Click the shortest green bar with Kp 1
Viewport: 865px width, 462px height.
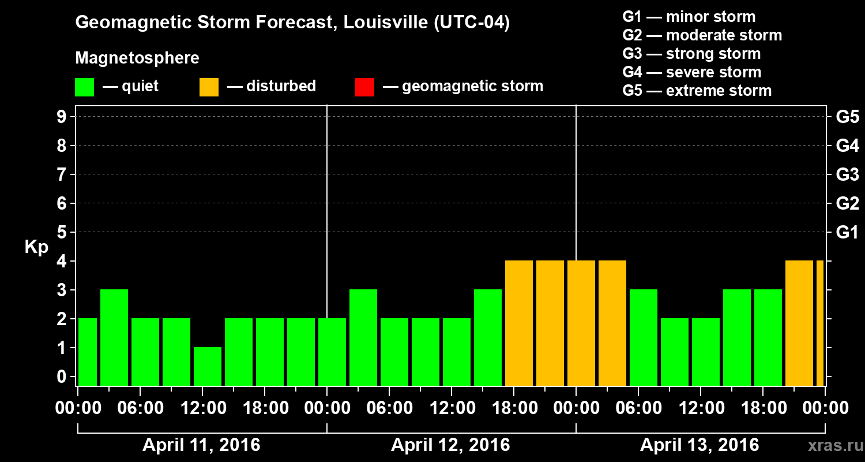point(208,366)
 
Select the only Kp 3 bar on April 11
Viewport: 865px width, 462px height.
point(114,337)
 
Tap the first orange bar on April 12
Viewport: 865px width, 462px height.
point(519,323)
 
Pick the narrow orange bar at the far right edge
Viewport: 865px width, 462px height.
point(820,323)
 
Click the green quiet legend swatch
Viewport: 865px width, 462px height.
point(84,87)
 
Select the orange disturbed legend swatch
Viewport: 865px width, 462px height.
point(209,87)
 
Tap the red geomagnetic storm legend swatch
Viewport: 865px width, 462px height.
point(364,87)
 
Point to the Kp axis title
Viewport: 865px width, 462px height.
point(36,247)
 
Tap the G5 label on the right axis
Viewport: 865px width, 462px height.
point(847,117)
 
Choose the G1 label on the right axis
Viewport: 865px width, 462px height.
point(847,233)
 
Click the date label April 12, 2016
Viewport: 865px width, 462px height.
point(450,445)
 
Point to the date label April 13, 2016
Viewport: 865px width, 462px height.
point(699,445)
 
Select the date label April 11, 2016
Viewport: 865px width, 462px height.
point(201,445)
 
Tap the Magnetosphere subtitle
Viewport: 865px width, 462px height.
point(137,58)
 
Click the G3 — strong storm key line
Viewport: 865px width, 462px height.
point(691,54)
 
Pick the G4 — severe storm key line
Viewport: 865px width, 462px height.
point(692,72)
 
